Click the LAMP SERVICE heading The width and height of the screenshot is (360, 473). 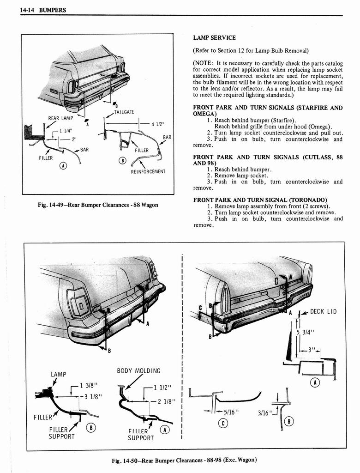point(214,38)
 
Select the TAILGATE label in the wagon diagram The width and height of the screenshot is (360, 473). point(124,112)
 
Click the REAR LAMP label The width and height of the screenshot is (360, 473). point(60,119)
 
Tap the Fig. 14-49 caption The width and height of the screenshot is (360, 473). point(97,205)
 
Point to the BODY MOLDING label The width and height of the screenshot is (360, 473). point(138,371)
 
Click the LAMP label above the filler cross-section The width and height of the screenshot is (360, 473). point(59,374)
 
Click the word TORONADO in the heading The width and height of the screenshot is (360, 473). point(310,200)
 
